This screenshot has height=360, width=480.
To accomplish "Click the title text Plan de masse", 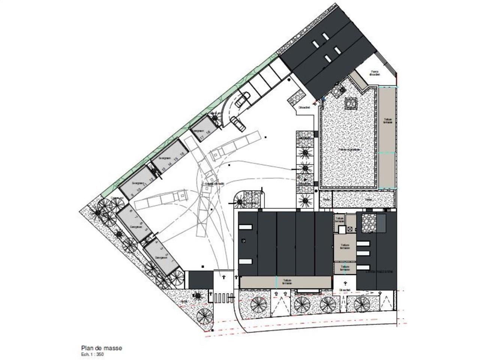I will click(102, 348).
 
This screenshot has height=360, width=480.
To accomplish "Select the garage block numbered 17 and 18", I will click(204, 129).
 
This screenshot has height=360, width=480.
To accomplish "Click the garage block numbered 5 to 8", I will click(133, 223).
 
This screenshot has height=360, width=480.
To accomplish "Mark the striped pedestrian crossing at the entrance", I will click(223, 298).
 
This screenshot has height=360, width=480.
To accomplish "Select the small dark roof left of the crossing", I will click(201, 279).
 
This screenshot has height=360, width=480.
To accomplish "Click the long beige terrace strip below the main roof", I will click(286, 282).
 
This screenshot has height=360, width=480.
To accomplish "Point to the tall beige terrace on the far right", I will click(387, 137).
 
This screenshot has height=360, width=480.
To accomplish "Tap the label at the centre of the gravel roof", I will click(349, 150).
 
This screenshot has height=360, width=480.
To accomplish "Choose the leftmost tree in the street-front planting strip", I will click(259, 304).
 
